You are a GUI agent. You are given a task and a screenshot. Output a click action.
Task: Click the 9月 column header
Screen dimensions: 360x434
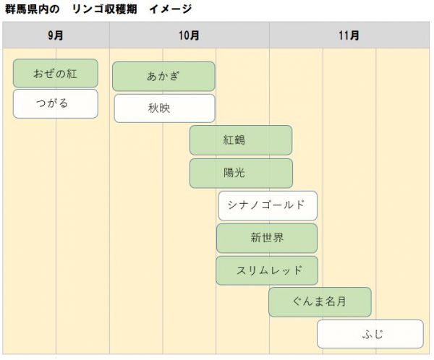[56, 35]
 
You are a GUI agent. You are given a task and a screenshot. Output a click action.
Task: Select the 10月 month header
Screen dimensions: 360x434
[189, 35]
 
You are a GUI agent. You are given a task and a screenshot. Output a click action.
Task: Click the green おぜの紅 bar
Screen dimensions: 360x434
[55, 73]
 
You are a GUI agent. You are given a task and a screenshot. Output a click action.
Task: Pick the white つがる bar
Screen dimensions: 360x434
[55, 103]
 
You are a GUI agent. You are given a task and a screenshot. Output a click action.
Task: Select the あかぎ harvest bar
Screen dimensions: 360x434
[163, 77]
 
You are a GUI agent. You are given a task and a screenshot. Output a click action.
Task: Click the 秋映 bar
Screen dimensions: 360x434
[164, 108]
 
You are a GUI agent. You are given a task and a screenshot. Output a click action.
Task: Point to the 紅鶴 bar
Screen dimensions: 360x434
[241, 140]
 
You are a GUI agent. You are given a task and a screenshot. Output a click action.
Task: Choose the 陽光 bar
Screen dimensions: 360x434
[241, 173]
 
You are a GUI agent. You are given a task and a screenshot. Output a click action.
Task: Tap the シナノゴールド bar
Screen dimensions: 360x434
[268, 206]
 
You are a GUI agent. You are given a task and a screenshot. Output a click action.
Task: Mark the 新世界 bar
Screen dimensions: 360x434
[266, 238]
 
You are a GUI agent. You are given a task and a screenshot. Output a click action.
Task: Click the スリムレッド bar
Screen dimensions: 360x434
[266, 270]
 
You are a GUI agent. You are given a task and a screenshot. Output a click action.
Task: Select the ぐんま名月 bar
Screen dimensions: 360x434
[320, 302]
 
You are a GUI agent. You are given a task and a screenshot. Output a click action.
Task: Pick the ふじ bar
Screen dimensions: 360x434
[370, 334]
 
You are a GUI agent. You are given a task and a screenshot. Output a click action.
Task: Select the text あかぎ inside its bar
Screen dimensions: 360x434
[163, 77]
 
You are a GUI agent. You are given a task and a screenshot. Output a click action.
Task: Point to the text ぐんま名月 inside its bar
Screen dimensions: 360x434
[320, 302]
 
